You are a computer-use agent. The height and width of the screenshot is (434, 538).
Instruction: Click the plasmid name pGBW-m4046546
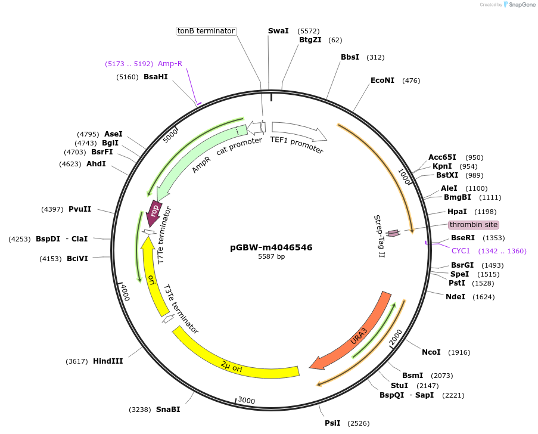[271, 247]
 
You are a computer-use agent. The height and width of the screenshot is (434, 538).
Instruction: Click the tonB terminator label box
[206, 31]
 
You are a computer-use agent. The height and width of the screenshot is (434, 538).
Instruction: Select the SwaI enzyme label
[278, 30]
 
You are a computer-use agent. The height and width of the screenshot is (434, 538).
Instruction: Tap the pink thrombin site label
[474, 225]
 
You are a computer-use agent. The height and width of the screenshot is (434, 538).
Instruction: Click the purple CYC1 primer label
[461, 251]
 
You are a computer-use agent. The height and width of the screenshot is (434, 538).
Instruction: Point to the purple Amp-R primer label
[170, 64]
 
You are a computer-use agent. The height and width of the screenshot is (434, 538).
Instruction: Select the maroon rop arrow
[154, 212]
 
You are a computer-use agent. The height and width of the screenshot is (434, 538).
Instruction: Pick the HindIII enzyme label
[108, 361]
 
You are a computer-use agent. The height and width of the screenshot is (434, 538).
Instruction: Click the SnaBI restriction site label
[168, 410]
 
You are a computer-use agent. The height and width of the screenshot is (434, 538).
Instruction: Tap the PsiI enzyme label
[332, 423]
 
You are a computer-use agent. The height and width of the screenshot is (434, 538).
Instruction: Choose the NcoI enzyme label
[431, 352]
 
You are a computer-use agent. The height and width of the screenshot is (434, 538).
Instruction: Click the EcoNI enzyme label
[382, 80]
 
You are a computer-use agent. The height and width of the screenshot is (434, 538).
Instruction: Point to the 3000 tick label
[247, 401]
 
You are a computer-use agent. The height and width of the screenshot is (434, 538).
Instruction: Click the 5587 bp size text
[271, 257]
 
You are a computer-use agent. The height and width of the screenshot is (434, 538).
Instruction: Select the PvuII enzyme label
[80, 209]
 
